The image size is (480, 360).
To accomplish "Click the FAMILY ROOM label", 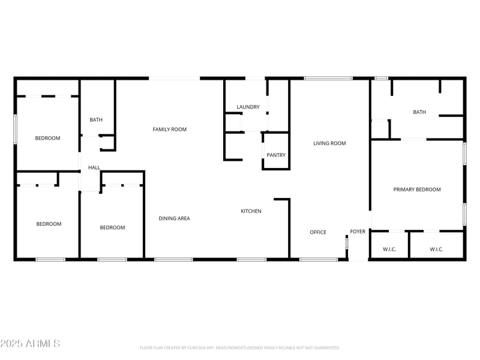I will pyautogui.click(x=169, y=130).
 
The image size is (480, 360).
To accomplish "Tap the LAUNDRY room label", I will pyautogui.click(x=248, y=107).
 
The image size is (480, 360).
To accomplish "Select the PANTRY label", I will pyautogui.click(x=276, y=155).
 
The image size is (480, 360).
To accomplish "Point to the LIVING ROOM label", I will pyautogui.click(x=329, y=143).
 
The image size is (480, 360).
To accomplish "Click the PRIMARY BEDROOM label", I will pyautogui.click(x=416, y=190).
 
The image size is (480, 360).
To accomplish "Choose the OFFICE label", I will pyautogui.click(x=318, y=232).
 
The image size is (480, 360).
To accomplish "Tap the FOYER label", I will pyautogui.click(x=358, y=232).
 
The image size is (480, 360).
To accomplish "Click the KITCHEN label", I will pyautogui.click(x=251, y=211).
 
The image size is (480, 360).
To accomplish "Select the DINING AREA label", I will pyautogui.click(x=174, y=218).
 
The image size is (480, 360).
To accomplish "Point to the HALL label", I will pyautogui.click(x=94, y=168).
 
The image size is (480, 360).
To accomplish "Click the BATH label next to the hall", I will pyautogui.click(x=96, y=120).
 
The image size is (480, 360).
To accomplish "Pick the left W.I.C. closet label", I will pyautogui.click(x=389, y=249).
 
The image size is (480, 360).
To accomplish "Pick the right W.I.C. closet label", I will pyautogui.click(x=436, y=249).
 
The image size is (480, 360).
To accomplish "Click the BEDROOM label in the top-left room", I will pyautogui.click(x=47, y=139).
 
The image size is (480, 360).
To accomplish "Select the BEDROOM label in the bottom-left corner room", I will pyautogui.click(x=49, y=224).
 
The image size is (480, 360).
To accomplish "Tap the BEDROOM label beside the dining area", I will pyautogui.click(x=112, y=227).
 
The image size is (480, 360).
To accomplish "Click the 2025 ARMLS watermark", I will pyautogui.click(x=30, y=344).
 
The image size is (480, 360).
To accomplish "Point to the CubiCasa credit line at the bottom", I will pyautogui.click(x=240, y=347).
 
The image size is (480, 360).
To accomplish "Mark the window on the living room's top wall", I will pyautogui.click(x=328, y=78).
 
